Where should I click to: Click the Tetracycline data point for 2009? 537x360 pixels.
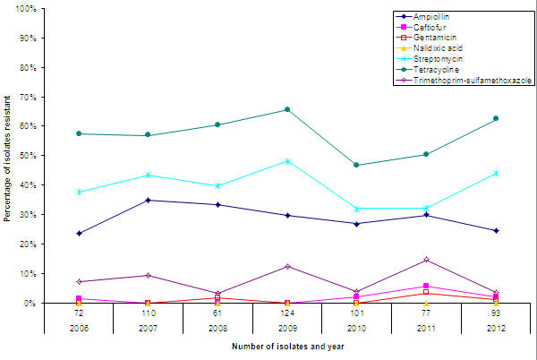click(x=287, y=109)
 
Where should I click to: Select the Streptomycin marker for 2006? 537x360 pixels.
click(x=80, y=192)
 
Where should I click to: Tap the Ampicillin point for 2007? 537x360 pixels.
click(x=149, y=200)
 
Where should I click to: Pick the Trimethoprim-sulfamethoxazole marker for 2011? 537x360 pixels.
click(x=426, y=260)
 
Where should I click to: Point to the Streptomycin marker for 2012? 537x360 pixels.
click(x=495, y=173)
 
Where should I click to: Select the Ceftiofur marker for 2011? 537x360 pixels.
click(x=426, y=286)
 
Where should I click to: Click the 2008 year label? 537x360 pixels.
click(x=217, y=328)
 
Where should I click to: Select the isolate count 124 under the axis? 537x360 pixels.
click(x=287, y=313)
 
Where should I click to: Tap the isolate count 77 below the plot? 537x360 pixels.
click(x=426, y=313)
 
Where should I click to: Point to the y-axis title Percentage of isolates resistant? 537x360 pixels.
click(x=8, y=157)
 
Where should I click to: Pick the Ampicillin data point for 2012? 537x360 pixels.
click(x=495, y=230)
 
